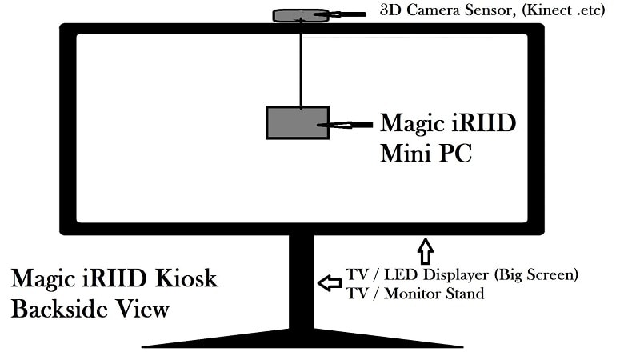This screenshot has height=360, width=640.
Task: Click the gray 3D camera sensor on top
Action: click(x=299, y=15)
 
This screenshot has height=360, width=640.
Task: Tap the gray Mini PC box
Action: click(x=297, y=122)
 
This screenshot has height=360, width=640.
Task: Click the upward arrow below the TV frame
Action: click(x=425, y=250)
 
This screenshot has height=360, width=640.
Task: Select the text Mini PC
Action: click(x=426, y=152)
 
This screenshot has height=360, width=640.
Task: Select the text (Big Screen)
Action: click(x=536, y=275)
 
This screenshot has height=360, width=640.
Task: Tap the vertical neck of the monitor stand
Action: click(x=301, y=280)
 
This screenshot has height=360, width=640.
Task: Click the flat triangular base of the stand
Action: click(x=302, y=338)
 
